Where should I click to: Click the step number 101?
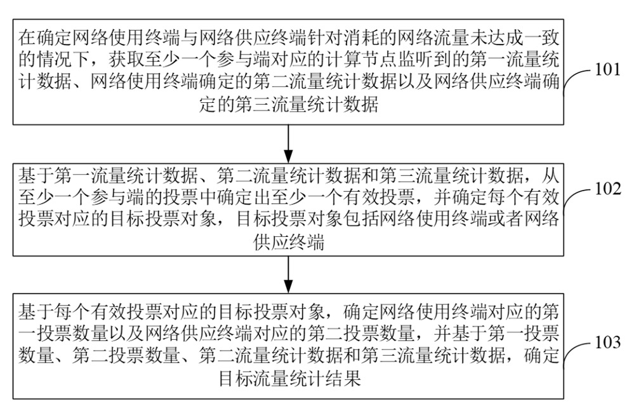(x=608, y=69)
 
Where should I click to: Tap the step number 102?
(x=608, y=189)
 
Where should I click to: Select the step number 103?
(x=608, y=342)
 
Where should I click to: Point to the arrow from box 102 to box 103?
(x=288, y=274)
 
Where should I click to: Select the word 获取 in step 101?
(x=126, y=60)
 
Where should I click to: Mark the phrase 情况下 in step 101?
(x=63, y=60)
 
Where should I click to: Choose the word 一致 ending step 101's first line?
(x=542, y=38)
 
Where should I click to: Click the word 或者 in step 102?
(x=506, y=219)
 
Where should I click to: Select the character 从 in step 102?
(x=551, y=175)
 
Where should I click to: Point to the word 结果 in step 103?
(x=343, y=379)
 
